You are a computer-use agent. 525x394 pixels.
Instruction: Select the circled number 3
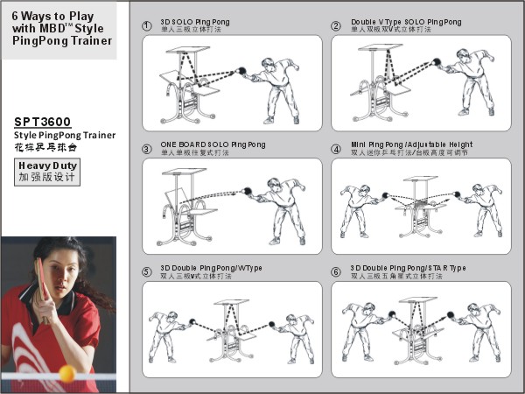pos(146,149)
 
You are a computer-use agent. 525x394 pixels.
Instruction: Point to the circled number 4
pos(336,149)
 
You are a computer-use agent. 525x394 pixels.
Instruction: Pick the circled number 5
pos(146,271)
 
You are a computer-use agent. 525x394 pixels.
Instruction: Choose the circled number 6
pos(336,271)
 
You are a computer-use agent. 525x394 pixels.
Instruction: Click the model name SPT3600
pos(43,122)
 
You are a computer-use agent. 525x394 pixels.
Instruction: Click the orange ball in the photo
pos(66,373)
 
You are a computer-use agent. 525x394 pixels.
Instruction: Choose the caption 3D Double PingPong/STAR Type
pos(408,267)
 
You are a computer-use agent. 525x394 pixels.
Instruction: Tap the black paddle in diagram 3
pos(248,190)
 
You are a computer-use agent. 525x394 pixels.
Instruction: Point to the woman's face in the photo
pos(59,268)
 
